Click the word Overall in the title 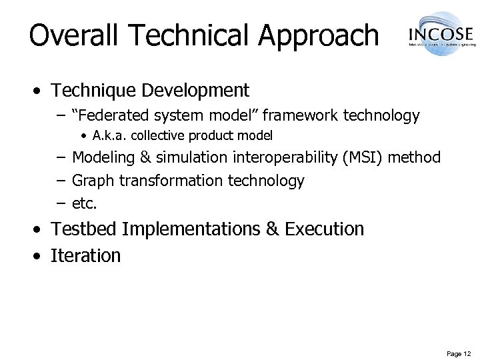(67, 35)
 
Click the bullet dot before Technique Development (41, 90)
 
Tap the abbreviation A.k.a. (107, 136)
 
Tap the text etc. (84, 202)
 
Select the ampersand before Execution (271, 229)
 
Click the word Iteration (86, 255)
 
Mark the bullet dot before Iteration (41, 255)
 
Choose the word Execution (324, 229)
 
